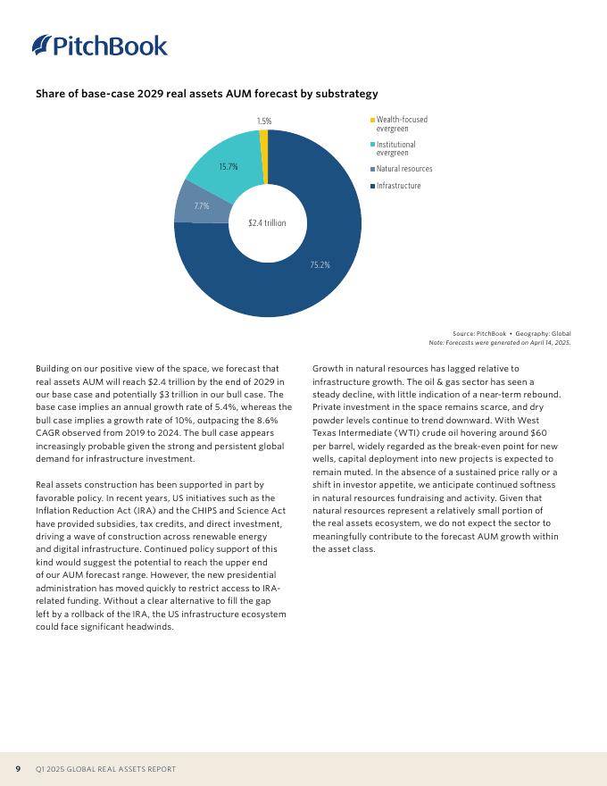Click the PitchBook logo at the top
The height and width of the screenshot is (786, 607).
(x=99, y=46)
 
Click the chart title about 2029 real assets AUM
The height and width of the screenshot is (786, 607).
(x=206, y=94)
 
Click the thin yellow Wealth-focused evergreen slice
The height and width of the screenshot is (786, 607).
(x=264, y=137)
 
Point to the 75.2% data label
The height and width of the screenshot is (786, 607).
(x=320, y=264)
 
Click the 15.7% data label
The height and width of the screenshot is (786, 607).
(x=228, y=166)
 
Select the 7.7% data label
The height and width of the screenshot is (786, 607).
(x=201, y=205)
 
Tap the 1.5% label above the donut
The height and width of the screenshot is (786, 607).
(x=264, y=121)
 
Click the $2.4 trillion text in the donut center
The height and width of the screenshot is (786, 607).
(x=267, y=222)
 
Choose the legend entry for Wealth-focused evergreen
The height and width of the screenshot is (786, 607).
(x=401, y=124)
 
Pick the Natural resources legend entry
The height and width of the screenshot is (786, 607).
(x=403, y=169)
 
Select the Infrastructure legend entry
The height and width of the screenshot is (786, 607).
(x=398, y=186)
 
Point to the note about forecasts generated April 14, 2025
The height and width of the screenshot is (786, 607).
(x=500, y=342)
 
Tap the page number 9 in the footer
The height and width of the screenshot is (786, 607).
(x=18, y=769)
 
